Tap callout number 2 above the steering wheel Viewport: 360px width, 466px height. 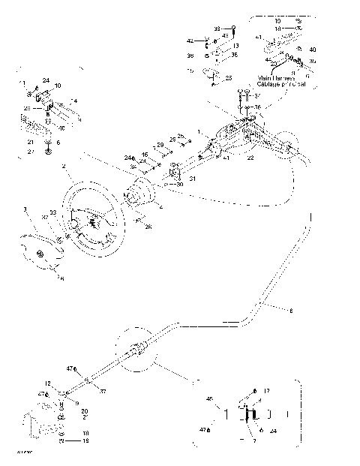click(x=64, y=166)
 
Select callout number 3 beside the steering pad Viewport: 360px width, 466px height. click(x=25, y=209)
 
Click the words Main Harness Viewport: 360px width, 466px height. click(x=276, y=77)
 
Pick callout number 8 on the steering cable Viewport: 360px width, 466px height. click(x=292, y=310)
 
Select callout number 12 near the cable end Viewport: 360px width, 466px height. click(x=46, y=383)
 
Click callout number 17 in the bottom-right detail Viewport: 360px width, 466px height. click(x=266, y=391)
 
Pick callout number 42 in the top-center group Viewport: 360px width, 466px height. click(x=190, y=40)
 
